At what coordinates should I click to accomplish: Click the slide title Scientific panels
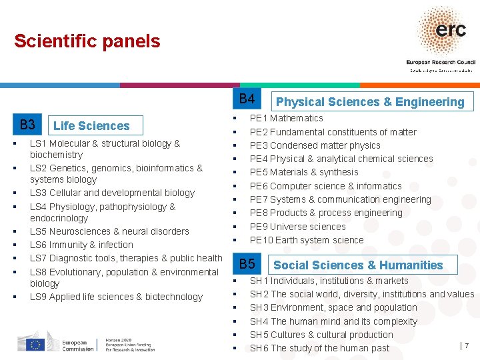coord(87,41)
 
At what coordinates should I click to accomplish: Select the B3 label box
coord(27,125)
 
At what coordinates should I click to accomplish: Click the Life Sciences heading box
coord(91,125)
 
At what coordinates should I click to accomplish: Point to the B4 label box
coord(247,99)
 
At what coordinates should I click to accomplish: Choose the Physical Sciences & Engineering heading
coord(370,102)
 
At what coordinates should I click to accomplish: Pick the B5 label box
coord(247,264)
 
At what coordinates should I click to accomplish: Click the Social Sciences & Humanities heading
coord(358,265)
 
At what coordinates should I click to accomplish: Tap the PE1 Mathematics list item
coord(286,118)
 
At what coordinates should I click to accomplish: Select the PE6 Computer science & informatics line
coord(325,186)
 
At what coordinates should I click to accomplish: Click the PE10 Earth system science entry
coord(307,240)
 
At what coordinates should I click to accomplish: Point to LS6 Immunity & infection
coord(81,245)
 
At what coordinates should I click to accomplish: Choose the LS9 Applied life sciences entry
coord(116,297)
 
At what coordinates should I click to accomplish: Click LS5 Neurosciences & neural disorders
coord(109,231)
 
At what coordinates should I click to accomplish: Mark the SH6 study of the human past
coord(319,348)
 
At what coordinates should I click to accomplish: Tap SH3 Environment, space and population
coord(333,307)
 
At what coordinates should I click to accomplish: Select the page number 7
coord(466,345)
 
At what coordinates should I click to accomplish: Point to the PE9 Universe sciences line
coord(297,227)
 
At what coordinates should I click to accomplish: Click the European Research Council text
coord(439,61)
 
